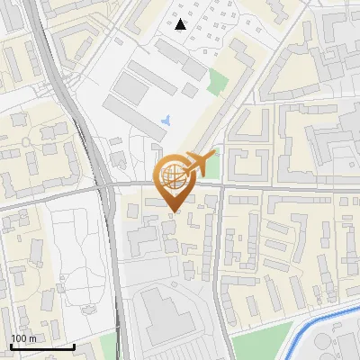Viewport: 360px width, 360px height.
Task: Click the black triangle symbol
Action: [181, 24]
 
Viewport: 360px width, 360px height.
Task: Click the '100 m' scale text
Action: [23, 338]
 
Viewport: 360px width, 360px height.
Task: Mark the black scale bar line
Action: [42, 346]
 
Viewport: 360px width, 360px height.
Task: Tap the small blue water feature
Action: [166, 120]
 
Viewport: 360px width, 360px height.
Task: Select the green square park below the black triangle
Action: [217, 83]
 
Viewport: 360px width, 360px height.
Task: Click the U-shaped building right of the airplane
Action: [245, 162]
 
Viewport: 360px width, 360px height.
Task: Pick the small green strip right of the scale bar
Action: [109, 346]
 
